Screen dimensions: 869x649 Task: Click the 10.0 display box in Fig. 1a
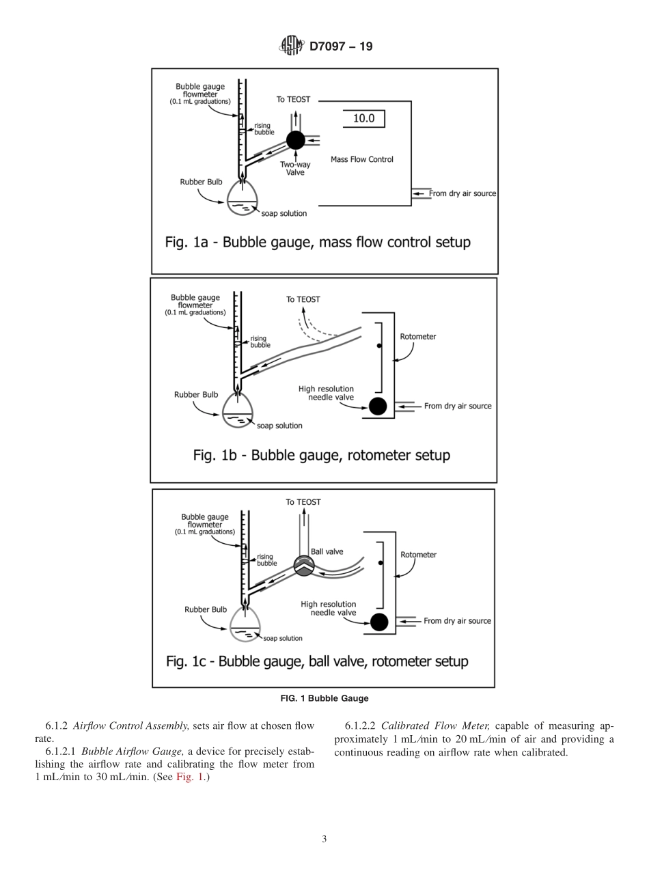pyautogui.click(x=363, y=119)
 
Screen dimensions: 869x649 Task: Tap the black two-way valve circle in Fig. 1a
pyautogui.click(x=295, y=140)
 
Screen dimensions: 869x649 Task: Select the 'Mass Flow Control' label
pyautogui.click(x=361, y=160)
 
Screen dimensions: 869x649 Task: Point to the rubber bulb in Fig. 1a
pyautogui.click(x=243, y=197)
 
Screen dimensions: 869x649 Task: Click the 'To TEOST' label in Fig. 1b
pyautogui.click(x=303, y=299)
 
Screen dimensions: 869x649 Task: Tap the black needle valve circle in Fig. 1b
pyautogui.click(x=377, y=406)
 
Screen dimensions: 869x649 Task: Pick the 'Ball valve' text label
pyautogui.click(x=327, y=551)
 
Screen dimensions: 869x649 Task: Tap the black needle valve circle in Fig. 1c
pyautogui.click(x=378, y=622)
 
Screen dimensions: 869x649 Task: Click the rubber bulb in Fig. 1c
pyautogui.click(x=245, y=624)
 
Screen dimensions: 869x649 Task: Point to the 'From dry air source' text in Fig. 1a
pyautogui.click(x=462, y=193)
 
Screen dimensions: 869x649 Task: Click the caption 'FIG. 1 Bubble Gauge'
pyautogui.click(x=324, y=698)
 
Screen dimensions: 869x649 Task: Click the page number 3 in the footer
pyautogui.click(x=324, y=840)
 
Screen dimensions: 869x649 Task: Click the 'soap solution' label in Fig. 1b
pyautogui.click(x=279, y=426)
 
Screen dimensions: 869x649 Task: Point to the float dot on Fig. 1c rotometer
pyautogui.click(x=381, y=564)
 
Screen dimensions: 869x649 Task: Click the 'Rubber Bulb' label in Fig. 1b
pyautogui.click(x=196, y=395)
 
